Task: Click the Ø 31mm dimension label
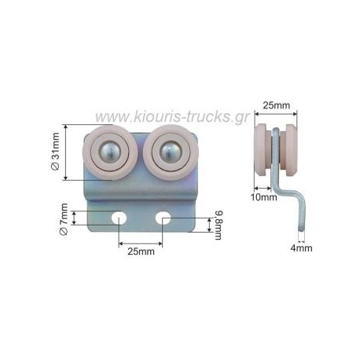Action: [56, 152]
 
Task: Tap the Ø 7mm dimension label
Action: [64, 219]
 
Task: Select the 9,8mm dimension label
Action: [218, 225]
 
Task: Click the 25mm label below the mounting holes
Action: [141, 252]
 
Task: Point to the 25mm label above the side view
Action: [277, 105]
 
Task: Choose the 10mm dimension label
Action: [264, 197]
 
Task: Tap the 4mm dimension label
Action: [301, 248]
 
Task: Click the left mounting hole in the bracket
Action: [119, 218]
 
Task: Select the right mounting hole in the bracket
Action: [163, 218]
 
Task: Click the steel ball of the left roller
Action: [110, 152]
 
